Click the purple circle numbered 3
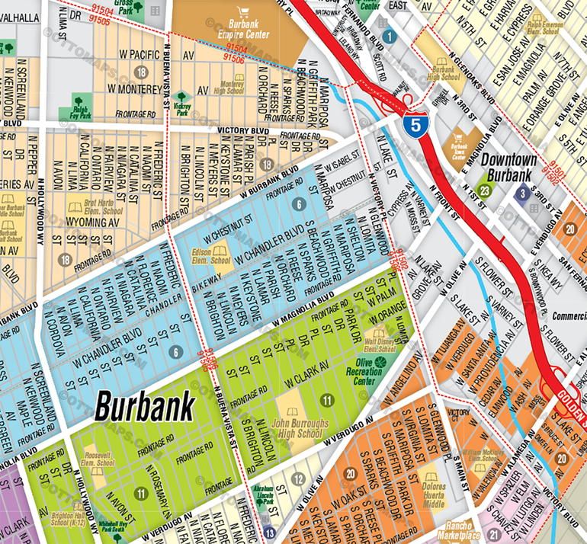(523, 194)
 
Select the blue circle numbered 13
(268, 534)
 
